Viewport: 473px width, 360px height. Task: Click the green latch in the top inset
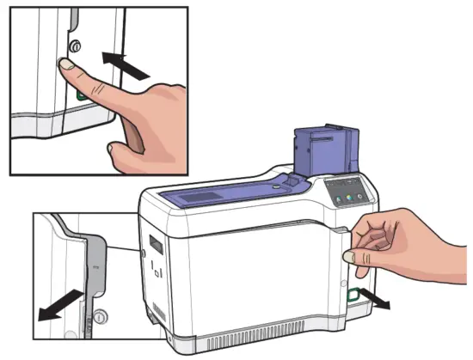(x=80, y=97)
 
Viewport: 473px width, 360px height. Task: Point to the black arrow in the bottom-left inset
(x=62, y=305)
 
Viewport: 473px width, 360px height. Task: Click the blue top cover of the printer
(x=232, y=193)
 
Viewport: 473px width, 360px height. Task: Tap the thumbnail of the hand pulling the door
(x=350, y=255)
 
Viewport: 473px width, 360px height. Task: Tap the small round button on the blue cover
(x=274, y=184)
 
